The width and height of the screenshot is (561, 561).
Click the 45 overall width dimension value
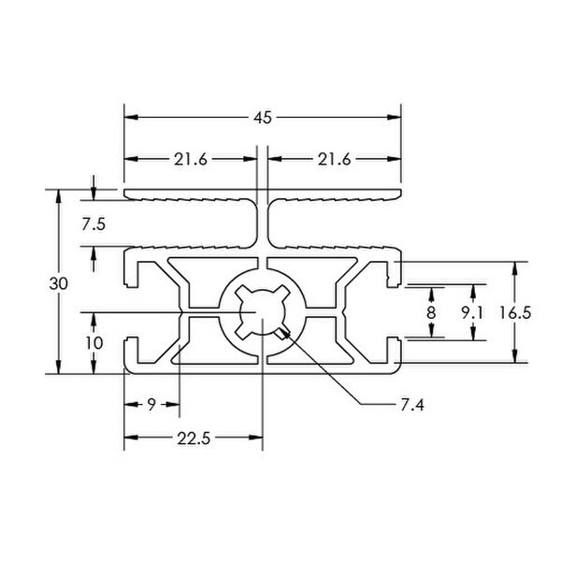pyautogui.click(x=263, y=118)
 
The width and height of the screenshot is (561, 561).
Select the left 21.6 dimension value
pyautogui.click(x=191, y=160)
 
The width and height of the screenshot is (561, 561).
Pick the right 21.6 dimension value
pyautogui.click(x=335, y=160)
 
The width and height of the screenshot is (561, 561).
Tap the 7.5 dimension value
pyautogui.click(x=93, y=225)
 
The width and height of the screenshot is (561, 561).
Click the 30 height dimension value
pyautogui.click(x=58, y=284)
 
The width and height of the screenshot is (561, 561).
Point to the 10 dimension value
pyautogui.click(x=94, y=343)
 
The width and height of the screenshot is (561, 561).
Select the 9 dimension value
pyautogui.click(x=151, y=405)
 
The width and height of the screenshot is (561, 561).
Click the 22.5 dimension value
pyautogui.click(x=194, y=439)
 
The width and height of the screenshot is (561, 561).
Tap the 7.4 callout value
pyautogui.click(x=412, y=406)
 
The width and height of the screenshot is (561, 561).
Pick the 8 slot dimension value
pyautogui.click(x=431, y=312)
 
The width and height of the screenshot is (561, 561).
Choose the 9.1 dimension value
pyautogui.click(x=472, y=313)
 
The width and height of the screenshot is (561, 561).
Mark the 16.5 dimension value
pyautogui.click(x=515, y=313)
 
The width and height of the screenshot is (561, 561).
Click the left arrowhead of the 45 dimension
pyautogui.click(x=131, y=118)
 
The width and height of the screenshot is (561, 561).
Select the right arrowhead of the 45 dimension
pyautogui.click(x=395, y=118)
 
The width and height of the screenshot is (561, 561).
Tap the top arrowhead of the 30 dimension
pyautogui.click(x=59, y=196)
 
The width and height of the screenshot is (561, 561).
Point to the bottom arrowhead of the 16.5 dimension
pyautogui.click(x=515, y=356)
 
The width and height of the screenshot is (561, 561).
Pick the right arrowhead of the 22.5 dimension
pyautogui.click(x=256, y=438)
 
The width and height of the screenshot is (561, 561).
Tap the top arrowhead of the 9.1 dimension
pyautogui.click(x=473, y=291)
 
